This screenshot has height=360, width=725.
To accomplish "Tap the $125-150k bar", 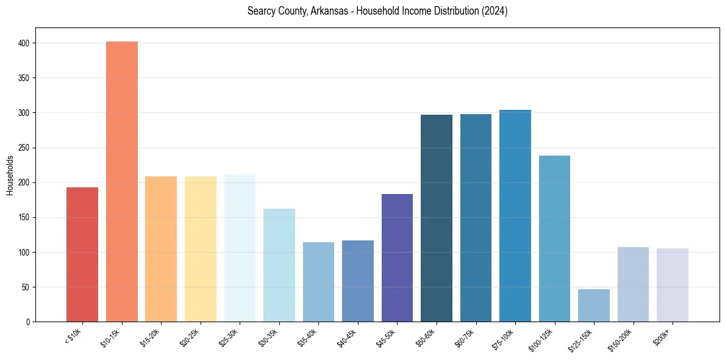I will click(594, 306).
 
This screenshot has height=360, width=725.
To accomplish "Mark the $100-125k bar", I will click(554, 239).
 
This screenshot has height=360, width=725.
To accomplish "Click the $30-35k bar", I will click(279, 265).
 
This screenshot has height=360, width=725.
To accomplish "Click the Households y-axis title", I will click(10, 175).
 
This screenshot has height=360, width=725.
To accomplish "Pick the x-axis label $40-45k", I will click(347, 336).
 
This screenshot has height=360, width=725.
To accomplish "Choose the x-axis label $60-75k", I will click(465, 336).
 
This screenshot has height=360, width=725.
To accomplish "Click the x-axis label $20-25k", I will click(190, 336).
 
